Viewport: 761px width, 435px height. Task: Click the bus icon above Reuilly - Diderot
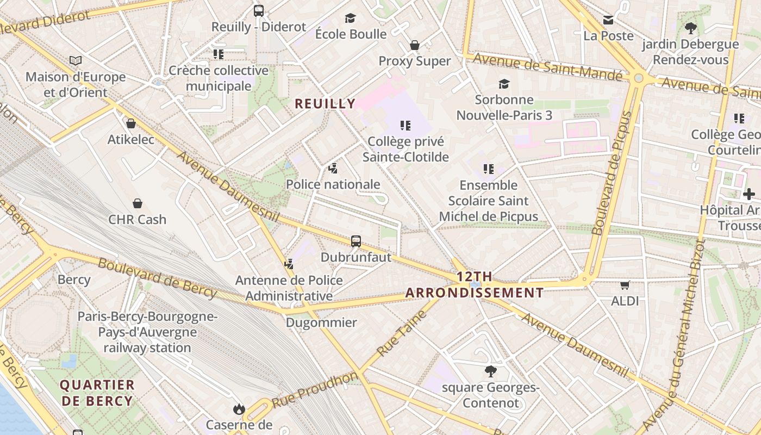259,10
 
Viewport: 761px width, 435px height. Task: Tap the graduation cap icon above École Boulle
351,18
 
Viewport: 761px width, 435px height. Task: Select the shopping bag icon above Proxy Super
415,45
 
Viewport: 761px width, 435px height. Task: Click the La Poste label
608,35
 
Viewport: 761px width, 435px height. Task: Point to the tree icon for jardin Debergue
691,28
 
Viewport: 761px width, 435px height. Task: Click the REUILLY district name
325,103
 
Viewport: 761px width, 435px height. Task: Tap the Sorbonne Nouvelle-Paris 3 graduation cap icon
504,84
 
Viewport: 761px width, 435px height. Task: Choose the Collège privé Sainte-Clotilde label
406,150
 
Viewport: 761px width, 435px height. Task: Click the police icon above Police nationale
333,169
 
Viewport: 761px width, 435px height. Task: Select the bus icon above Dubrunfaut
356,241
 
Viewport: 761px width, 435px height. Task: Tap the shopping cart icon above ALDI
625,285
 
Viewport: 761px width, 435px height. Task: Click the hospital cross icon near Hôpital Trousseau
748,194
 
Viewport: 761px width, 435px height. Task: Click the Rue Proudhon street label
315,389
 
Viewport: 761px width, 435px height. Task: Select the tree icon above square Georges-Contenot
490,372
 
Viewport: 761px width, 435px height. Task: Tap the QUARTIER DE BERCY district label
97,393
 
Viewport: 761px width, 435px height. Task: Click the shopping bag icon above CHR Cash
138,203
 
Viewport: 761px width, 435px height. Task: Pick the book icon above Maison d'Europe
76,61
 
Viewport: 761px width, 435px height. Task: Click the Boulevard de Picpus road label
613,173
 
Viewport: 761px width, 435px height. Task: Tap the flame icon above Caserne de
239,409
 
